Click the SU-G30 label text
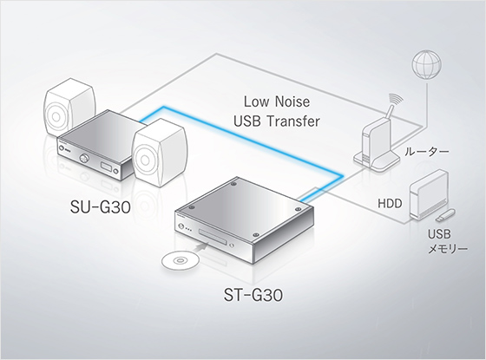[x=100, y=207]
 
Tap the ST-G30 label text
[x=253, y=295]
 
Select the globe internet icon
[x=426, y=65]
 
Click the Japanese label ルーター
[x=426, y=152]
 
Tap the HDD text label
[x=390, y=203]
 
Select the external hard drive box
[x=429, y=194]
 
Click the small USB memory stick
[x=445, y=215]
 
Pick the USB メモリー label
[x=447, y=241]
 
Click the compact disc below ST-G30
[x=181, y=260]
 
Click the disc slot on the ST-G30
[x=213, y=235]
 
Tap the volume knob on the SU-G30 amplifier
[x=83, y=158]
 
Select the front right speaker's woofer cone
[x=145, y=160]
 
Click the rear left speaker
[x=69, y=108]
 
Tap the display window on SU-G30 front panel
[x=106, y=167]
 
